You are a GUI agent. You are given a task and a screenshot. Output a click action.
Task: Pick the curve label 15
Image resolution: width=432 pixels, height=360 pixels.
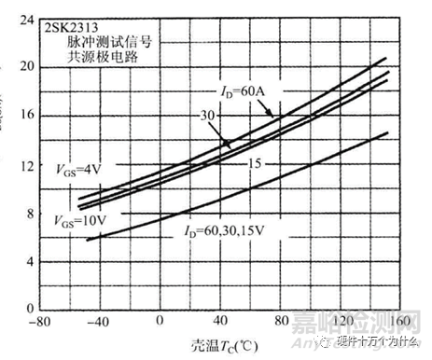[x=253, y=163]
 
